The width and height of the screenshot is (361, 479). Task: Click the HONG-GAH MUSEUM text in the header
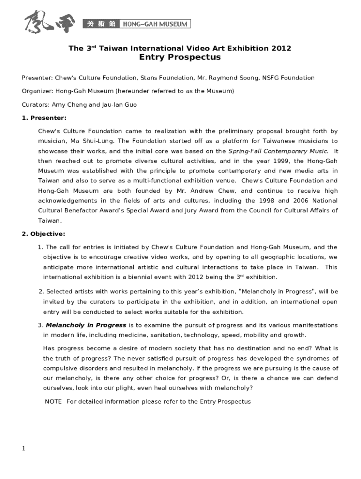[x=155, y=24]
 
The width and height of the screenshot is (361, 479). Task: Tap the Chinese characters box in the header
[x=101, y=24]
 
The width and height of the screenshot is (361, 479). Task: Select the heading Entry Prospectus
[x=180, y=58]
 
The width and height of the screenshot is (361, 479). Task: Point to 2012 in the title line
[x=281, y=48]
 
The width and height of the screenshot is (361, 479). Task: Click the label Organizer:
[x=38, y=91]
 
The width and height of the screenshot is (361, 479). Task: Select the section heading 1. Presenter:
[x=44, y=118]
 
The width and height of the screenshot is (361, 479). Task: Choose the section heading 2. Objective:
[x=44, y=234]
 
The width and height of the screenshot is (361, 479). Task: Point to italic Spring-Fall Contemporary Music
[x=278, y=151]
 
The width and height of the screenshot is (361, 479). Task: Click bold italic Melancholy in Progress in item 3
[x=86, y=325]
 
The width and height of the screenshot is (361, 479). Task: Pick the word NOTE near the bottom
[x=53, y=401]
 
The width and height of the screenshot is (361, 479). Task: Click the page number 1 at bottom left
[x=23, y=449]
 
